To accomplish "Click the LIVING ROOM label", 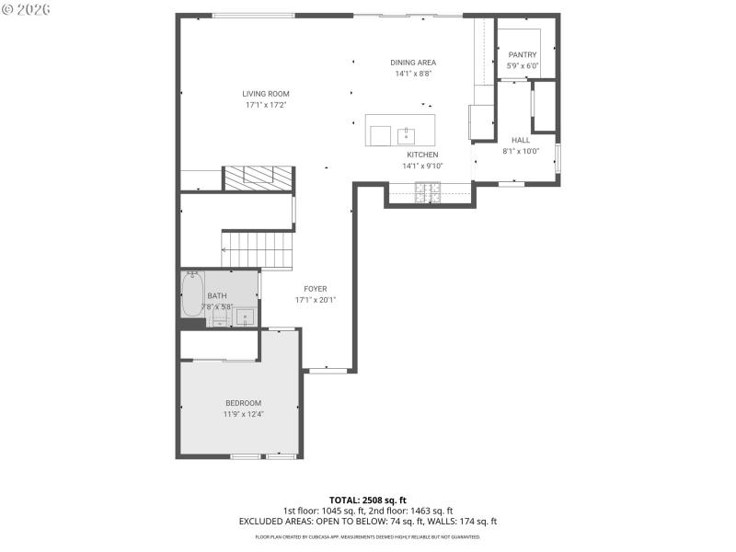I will [266, 94].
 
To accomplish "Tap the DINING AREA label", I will [413, 63].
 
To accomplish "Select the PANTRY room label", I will [522, 55].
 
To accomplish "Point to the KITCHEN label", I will [422, 155].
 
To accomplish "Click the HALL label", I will [521, 140].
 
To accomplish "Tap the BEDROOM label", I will [244, 403].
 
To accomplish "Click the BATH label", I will [216, 295].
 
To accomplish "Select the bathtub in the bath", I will [192, 295].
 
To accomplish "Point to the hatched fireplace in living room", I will [259, 178].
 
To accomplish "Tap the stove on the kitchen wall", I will [428, 192].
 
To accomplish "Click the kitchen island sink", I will [406, 136].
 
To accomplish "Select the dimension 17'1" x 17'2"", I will [266, 105].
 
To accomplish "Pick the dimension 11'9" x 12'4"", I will [244, 415].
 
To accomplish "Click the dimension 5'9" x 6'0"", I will [522, 66].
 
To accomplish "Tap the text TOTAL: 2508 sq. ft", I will [368, 500].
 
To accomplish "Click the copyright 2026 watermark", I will [27, 9].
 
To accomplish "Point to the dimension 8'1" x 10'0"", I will [521, 151].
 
